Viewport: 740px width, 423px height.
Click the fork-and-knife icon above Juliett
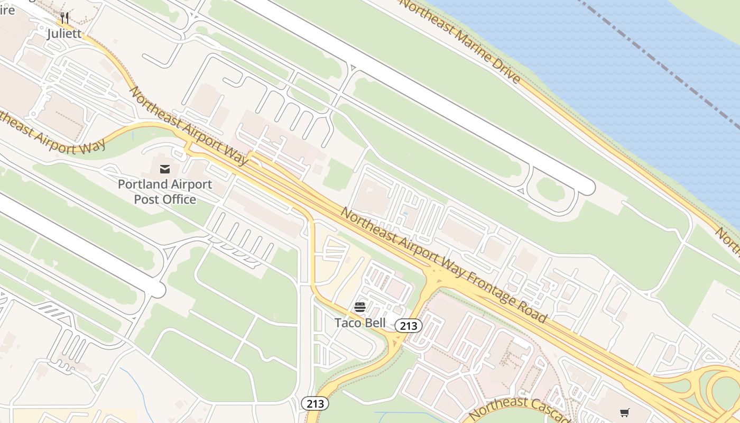tap(64, 18)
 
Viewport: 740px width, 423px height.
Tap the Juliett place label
tap(64, 34)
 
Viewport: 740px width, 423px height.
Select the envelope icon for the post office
tap(165, 169)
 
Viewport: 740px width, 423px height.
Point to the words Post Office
tap(165, 199)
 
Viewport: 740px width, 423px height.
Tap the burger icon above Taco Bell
tap(360, 307)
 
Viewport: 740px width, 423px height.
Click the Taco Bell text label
tap(360, 323)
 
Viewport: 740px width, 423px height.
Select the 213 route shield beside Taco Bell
tap(409, 326)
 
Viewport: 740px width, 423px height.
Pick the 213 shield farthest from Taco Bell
tap(315, 404)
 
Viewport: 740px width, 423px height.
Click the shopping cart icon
tap(625, 412)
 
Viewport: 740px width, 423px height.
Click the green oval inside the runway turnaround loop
tap(551, 189)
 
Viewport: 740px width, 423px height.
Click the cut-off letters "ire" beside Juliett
tap(7, 10)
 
